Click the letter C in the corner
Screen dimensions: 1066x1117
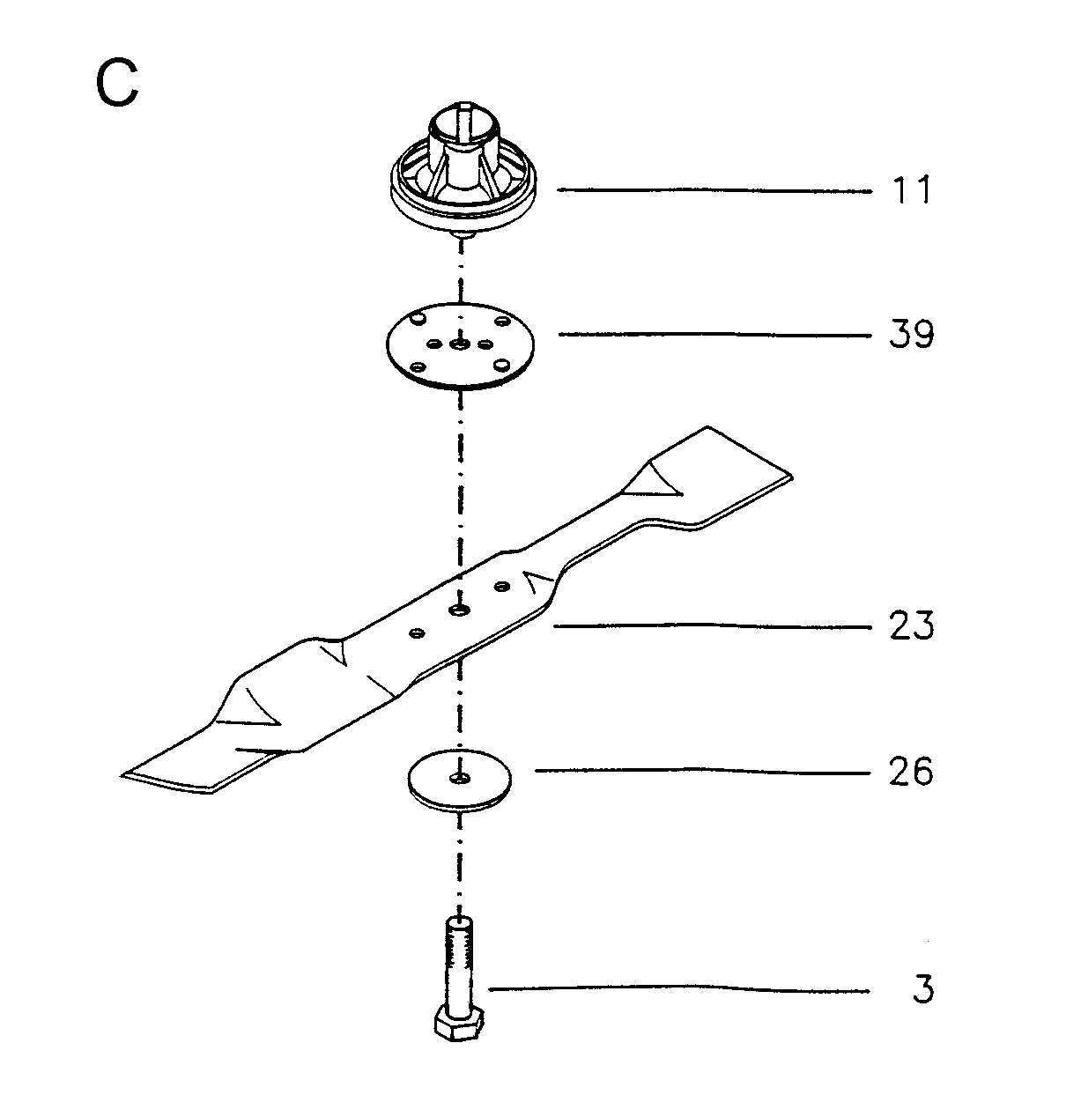coord(117,83)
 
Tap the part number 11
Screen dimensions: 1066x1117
coord(912,189)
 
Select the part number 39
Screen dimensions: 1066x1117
coord(911,334)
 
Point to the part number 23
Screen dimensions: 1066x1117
coord(911,625)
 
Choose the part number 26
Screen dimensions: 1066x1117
coord(911,771)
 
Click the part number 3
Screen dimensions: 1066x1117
coord(923,989)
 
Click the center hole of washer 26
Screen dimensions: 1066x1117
coord(459,777)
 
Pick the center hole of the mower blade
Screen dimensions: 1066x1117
coord(459,610)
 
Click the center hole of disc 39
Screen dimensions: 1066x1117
coord(460,344)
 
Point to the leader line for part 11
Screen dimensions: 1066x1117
coord(714,190)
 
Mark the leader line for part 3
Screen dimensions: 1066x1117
coord(679,989)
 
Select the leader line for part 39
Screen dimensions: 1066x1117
coord(714,335)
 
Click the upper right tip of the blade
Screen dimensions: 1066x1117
coord(707,426)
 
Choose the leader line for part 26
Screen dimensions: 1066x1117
coord(703,771)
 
